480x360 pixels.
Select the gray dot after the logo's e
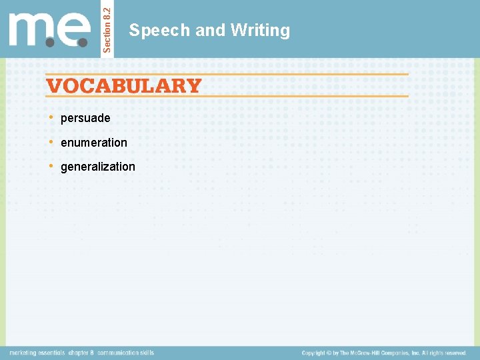pos(83,41)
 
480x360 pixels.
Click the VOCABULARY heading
pos(123,85)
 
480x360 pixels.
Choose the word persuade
pos(85,118)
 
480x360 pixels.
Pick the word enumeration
pos(94,142)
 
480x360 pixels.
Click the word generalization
pos(98,167)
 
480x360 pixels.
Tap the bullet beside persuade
pos(52,117)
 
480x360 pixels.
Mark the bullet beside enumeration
pos(52,141)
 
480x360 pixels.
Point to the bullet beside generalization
pos(52,166)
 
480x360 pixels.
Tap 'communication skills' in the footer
pos(125,353)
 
